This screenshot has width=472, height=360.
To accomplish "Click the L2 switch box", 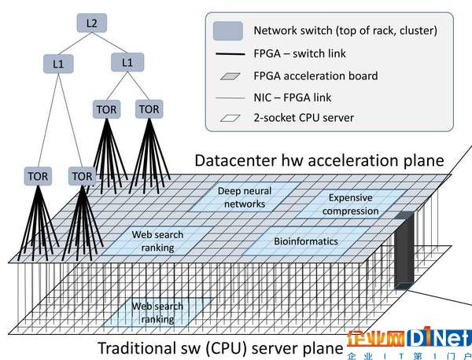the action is [x=91, y=23].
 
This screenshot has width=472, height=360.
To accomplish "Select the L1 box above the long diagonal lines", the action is [x=58, y=64].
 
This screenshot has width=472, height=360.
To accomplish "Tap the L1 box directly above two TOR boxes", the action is [x=127, y=62].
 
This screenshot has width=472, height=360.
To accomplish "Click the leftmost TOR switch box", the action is [x=38, y=176].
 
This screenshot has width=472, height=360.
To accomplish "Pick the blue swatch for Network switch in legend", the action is [x=228, y=31].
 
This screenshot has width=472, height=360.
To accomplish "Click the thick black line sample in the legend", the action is [x=230, y=54].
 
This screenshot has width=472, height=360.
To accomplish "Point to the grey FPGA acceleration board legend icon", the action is [x=230, y=76].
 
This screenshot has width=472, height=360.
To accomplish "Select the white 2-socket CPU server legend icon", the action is [x=230, y=118].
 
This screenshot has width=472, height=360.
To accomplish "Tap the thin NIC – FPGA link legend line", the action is [x=230, y=97].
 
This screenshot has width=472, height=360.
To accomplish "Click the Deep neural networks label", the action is [x=245, y=197].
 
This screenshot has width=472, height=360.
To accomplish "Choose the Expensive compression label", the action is [x=350, y=204].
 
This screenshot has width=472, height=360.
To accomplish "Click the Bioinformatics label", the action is [x=306, y=241].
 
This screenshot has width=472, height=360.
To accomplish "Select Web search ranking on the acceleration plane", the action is [x=157, y=241].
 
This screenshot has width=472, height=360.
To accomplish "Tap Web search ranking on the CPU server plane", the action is [x=157, y=313].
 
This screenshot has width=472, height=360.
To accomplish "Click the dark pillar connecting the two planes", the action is [x=404, y=250].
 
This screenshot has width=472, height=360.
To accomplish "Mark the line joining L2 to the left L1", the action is [x=75, y=43].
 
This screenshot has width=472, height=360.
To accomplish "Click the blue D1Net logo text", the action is [x=439, y=337].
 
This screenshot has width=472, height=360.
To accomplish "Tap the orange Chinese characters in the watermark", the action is [x=376, y=338].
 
